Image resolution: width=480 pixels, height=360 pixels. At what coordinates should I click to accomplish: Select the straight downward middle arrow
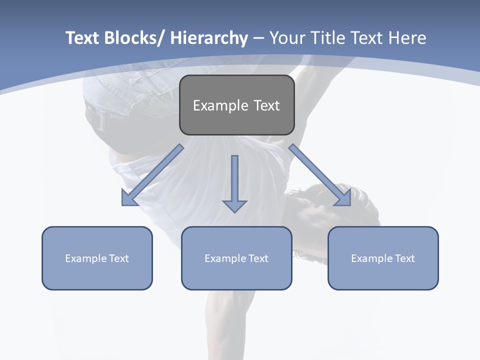click(234, 180)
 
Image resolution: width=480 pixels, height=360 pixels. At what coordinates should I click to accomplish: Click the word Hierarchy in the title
click(208, 38)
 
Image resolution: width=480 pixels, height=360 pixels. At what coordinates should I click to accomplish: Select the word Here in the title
click(406, 38)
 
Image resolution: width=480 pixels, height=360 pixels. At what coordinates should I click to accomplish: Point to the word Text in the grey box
click(266, 105)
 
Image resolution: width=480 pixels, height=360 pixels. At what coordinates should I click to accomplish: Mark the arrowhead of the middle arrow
click(234, 205)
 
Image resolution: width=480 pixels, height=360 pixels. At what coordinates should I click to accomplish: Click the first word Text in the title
click(81, 38)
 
